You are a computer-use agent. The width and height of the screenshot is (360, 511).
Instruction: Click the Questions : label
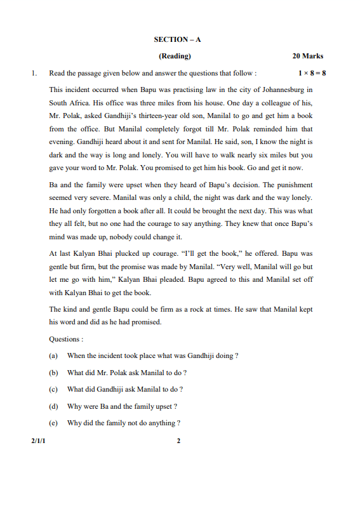click(65, 339)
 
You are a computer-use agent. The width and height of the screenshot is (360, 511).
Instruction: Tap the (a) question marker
click(54, 356)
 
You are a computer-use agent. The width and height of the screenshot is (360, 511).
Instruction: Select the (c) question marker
click(54, 389)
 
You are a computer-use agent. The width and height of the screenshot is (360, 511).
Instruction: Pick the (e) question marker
click(54, 423)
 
